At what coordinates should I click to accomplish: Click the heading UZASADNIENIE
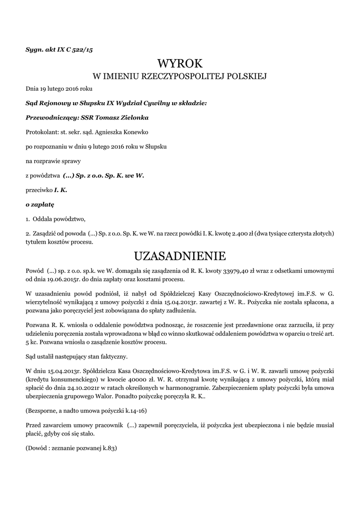(180, 256)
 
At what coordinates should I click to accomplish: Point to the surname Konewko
(131, 132)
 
